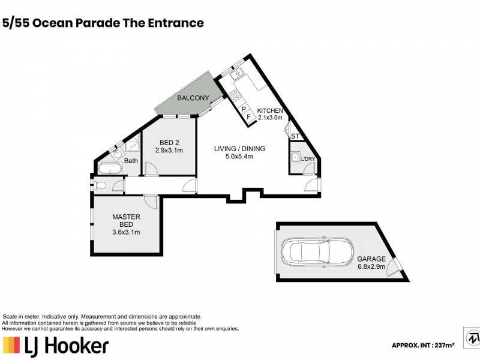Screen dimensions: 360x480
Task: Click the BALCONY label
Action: tap(193, 98)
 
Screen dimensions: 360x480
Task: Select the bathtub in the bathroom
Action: tap(110, 169)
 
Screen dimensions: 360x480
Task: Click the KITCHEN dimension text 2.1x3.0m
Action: tap(269, 118)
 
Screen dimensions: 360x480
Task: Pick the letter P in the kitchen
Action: tap(244, 109)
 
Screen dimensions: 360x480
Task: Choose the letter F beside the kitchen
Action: tap(248, 118)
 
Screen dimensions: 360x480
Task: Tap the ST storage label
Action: tap(295, 137)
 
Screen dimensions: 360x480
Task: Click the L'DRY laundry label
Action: tap(308, 159)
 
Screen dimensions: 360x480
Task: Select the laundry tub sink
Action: tap(295, 158)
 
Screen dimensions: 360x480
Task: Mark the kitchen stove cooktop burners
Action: tap(235, 94)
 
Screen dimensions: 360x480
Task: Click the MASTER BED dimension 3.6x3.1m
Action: tap(126, 232)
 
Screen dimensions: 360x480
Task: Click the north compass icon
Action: tap(471, 337)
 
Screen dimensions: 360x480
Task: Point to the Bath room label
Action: tap(131, 161)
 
